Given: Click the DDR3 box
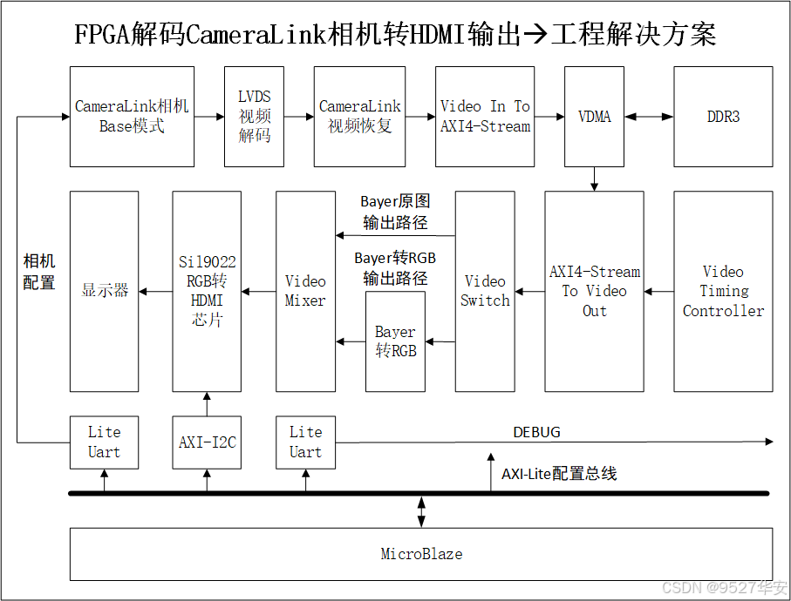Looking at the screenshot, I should click(723, 117).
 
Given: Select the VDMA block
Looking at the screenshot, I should click(594, 117).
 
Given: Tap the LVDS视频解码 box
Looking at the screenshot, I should click(254, 117).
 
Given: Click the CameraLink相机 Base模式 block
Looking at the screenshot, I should click(132, 117).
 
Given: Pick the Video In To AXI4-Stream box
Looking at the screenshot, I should click(485, 117).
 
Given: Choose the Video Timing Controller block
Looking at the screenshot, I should click(723, 292).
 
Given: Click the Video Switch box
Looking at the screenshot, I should click(485, 292).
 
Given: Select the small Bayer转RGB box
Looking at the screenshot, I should click(395, 342).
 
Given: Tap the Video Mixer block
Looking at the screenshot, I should click(305, 292).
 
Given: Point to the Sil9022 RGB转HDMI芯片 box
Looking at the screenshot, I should click(207, 292).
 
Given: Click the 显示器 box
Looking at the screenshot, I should click(104, 292).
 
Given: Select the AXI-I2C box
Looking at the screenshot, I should click(207, 442).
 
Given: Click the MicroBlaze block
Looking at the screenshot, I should click(421, 554).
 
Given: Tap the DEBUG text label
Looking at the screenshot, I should click(536, 432).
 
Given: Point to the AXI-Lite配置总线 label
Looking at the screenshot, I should click(559, 474).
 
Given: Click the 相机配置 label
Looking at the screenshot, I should click(38, 272).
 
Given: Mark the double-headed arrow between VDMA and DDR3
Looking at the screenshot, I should click(649, 117).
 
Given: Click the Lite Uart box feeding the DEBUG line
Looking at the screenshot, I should click(305, 442).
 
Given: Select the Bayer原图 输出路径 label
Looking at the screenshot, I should click(395, 213).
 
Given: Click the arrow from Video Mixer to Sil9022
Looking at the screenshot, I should click(258, 292).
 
